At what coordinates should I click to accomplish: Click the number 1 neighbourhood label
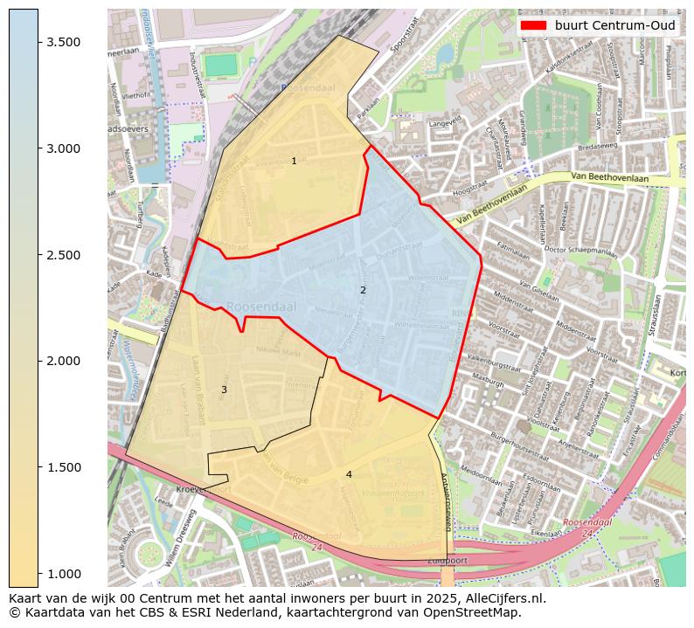(x=294, y=161)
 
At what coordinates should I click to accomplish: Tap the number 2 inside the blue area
(x=363, y=290)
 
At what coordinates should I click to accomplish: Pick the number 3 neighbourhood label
(x=224, y=390)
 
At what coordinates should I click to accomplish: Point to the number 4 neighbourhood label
(x=349, y=474)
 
